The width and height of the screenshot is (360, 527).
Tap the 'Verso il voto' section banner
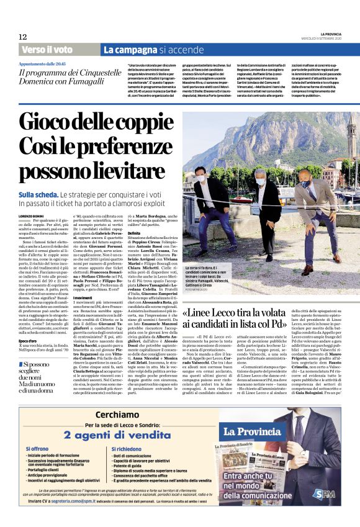click(x=47, y=49)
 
